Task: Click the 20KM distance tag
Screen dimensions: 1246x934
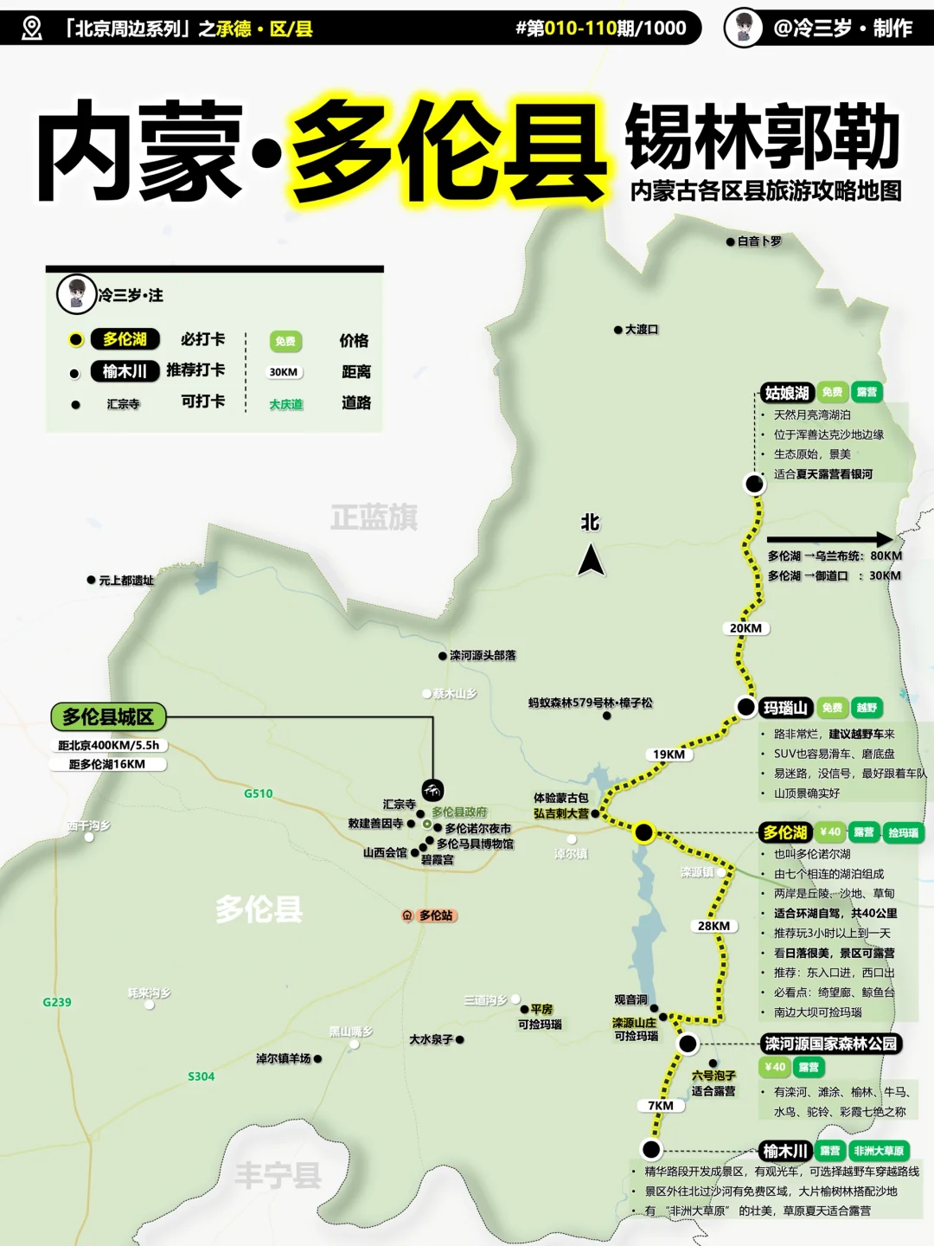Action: point(745,628)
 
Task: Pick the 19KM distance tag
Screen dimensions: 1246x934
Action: point(669,755)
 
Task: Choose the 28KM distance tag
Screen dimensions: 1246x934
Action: point(714,926)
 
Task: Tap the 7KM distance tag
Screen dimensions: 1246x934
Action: point(661,1106)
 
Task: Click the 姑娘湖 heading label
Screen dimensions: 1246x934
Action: point(786,393)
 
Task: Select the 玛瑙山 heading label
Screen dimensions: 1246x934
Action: point(785,708)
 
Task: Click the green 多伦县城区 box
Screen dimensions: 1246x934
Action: point(108,716)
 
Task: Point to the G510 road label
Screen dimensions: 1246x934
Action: point(258,793)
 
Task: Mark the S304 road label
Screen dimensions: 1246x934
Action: point(202,1076)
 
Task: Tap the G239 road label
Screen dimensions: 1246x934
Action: point(57,1002)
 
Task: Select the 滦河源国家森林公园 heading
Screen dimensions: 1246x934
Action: point(830,1044)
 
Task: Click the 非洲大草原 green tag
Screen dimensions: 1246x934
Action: point(879,1151)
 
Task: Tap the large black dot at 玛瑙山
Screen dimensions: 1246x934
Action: point(745,707)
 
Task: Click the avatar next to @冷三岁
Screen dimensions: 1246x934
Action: point(743,28)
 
